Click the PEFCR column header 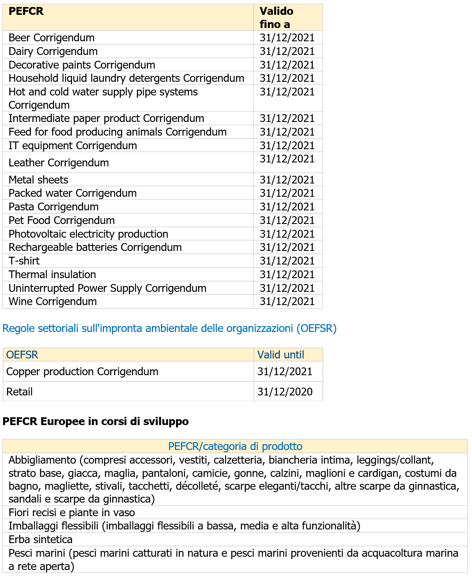[x=26, y=11]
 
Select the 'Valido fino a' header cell [x=277, y=18]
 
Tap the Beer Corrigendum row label [x=51, y=38]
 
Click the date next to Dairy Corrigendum [x=287, y=51]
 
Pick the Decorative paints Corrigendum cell [x=82, y=65]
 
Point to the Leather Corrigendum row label [x=59, y=163]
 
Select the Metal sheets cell [x=39, y=180]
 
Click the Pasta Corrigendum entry [x=54, y=207]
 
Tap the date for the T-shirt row [x=287, y=261]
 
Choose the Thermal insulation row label [x=52, y=275]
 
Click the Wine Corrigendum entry [x=53, y=302]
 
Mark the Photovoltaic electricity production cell [x=88, y=234]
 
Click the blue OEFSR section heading [x=169, y=328]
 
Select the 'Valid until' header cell [x=281, y=355]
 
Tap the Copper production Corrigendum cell [x=82, y=372]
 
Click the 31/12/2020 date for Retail [x=285, y=392]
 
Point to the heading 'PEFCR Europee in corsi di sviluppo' [x=96, y=422]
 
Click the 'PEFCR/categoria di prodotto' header [x=235, y=446]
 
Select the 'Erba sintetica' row [x=41, y=540]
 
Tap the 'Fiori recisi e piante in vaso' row [x=72, y=513]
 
